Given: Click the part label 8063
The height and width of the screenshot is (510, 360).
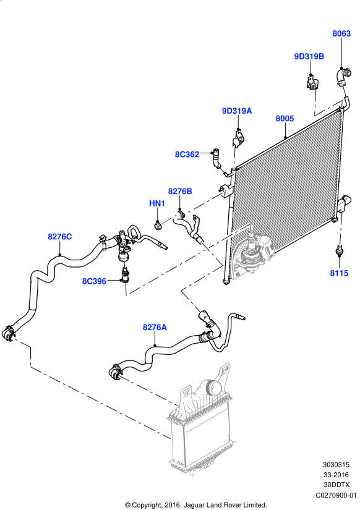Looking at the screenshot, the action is pyautogui.click(x=341, y=33).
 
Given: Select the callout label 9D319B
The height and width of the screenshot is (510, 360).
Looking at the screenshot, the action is pyautogui.click(x=309, y=57).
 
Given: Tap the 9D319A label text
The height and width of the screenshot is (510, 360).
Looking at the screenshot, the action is pyautogui.click(x=237, y=111).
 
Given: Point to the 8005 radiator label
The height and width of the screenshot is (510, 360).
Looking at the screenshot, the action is pyautogui.click(x=285, y=119).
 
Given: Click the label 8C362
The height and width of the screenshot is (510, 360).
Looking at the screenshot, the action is pyautogui.click(x=187, y=154).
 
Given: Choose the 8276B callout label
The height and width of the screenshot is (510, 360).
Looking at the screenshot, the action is pyautogui.click(x=180, y=191).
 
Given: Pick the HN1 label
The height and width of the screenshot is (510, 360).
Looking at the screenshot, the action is pyautogui.click(x=157, y=203).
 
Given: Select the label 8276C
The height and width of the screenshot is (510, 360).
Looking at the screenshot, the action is pyautogui.click(x=60, y=237).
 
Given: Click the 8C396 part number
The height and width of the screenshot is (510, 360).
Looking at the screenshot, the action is pyautogui.click(x=94, y=281).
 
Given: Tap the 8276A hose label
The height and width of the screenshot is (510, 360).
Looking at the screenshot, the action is pyautogui.click(x=155, y=327).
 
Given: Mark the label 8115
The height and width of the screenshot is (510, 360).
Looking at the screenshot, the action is pyautogui.click(x=339, y=273).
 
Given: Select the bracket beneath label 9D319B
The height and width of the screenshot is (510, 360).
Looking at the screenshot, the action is pyautogui.click(x=312, y=82).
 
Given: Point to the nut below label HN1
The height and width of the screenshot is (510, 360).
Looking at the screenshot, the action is pyautogui.click(x=158, y=225).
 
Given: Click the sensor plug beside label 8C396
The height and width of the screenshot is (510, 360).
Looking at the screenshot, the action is pyautogui.click(x=125, y=276).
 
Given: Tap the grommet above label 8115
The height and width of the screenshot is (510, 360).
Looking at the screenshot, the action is pyautogui.click(x=339, y=249).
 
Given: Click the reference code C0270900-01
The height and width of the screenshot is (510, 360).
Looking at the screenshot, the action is pyautogui.click(x=336, y=495).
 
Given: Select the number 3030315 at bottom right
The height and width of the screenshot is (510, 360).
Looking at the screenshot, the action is pyautogui.click(x=336, y=465).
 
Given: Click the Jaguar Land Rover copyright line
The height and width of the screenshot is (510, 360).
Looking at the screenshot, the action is pyautogui.click(x=196, y=505).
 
